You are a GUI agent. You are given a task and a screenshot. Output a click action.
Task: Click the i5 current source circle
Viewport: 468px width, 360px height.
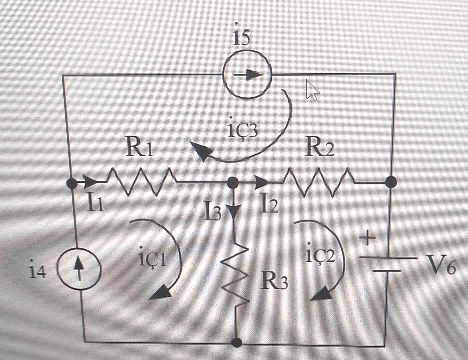pos(247,74)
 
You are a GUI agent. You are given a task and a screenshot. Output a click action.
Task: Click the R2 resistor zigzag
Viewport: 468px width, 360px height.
pos(318,182)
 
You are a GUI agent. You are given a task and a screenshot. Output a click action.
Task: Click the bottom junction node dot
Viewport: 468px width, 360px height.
pos(237,342)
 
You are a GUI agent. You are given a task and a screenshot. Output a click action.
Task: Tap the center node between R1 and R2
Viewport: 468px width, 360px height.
pos(232,182)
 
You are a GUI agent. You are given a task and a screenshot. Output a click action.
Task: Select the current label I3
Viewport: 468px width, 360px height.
pos(213,212)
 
